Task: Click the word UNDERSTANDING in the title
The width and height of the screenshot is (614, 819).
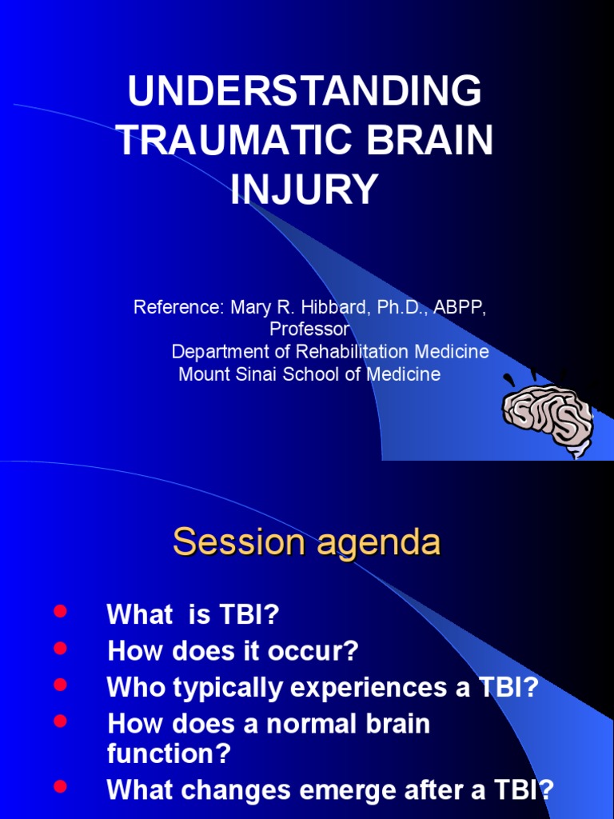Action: (x=305, y=91)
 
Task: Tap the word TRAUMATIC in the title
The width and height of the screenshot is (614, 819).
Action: (x=237, y=139)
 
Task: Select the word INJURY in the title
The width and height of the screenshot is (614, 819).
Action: (x=304, y=188)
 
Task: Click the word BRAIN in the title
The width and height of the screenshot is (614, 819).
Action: (x=429, y=139)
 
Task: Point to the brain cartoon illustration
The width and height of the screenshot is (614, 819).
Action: (x=548, y=414)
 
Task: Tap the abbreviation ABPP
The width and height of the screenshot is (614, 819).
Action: (x=460, y=307)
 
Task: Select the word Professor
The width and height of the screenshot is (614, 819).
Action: (x=309, y=329)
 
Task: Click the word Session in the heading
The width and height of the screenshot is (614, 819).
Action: (x=239, y=541)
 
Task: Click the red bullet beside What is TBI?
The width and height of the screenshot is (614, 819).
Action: (x=60, y=610)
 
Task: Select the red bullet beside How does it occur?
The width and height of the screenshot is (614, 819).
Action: (x=60, y=648)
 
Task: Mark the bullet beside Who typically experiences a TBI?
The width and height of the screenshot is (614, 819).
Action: (x=60, y=685)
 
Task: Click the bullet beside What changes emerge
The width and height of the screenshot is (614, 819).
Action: (x=60, y=786)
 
